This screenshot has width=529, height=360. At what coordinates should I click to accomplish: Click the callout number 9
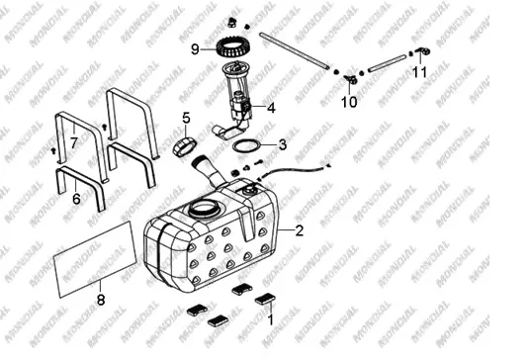pos(196,49)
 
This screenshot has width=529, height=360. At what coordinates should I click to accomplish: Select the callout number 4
pos(271,108)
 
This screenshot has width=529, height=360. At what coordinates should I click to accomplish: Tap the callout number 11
pos(420,72)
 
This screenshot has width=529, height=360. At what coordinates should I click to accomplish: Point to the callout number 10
pos(349,102)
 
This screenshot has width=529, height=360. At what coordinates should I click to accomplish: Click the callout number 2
pos(299,230)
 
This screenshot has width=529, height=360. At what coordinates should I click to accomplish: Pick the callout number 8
pos(101,300)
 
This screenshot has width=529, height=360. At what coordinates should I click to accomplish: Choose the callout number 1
pos(271,319)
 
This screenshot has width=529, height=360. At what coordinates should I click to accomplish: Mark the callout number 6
pos(76,199)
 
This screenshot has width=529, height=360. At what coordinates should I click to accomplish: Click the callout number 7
pos(74,143)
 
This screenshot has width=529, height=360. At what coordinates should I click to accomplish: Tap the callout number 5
pos(186,118)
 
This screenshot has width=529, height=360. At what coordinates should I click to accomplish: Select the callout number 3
pos(283,144)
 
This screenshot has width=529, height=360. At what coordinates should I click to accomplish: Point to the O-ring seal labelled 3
pos(233,146)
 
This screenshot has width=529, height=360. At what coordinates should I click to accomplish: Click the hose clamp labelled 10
pos(351,80)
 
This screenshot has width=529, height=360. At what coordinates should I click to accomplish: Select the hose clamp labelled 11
pos(423,51)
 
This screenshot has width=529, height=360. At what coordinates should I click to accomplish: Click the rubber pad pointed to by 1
pos(265,299)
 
